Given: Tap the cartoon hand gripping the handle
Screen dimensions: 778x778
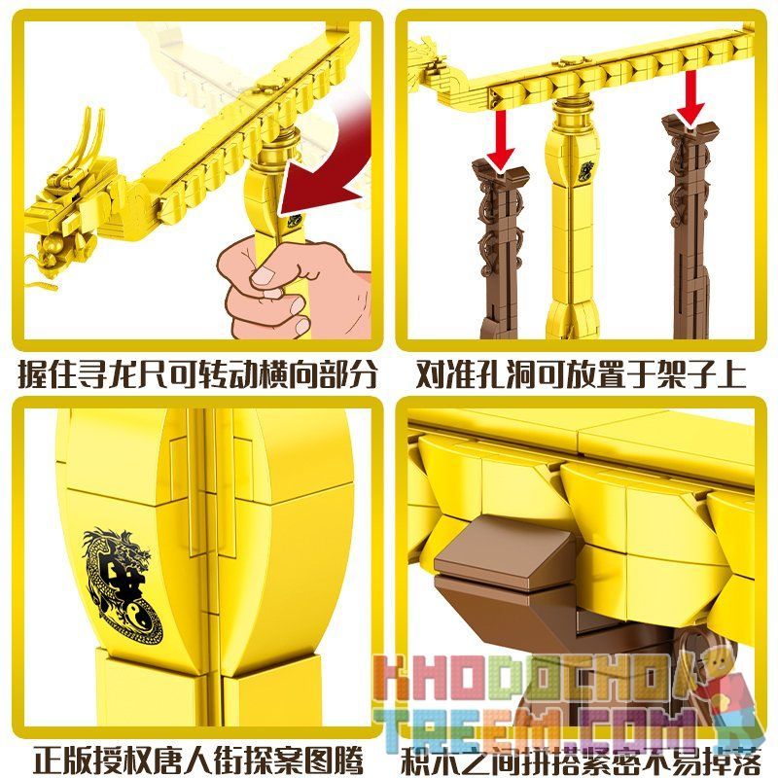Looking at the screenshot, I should (267, 292).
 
